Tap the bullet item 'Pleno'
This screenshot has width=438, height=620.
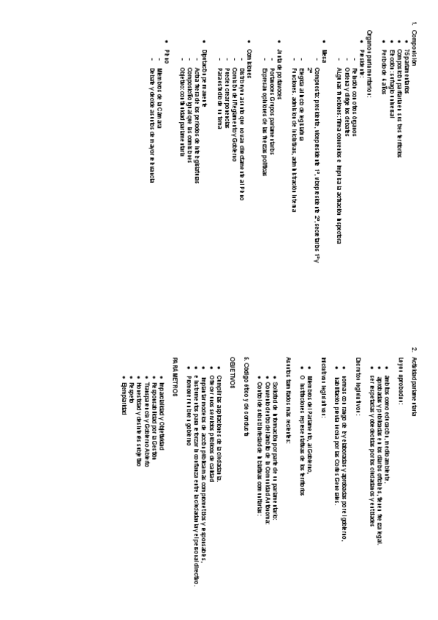coord(167,52)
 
